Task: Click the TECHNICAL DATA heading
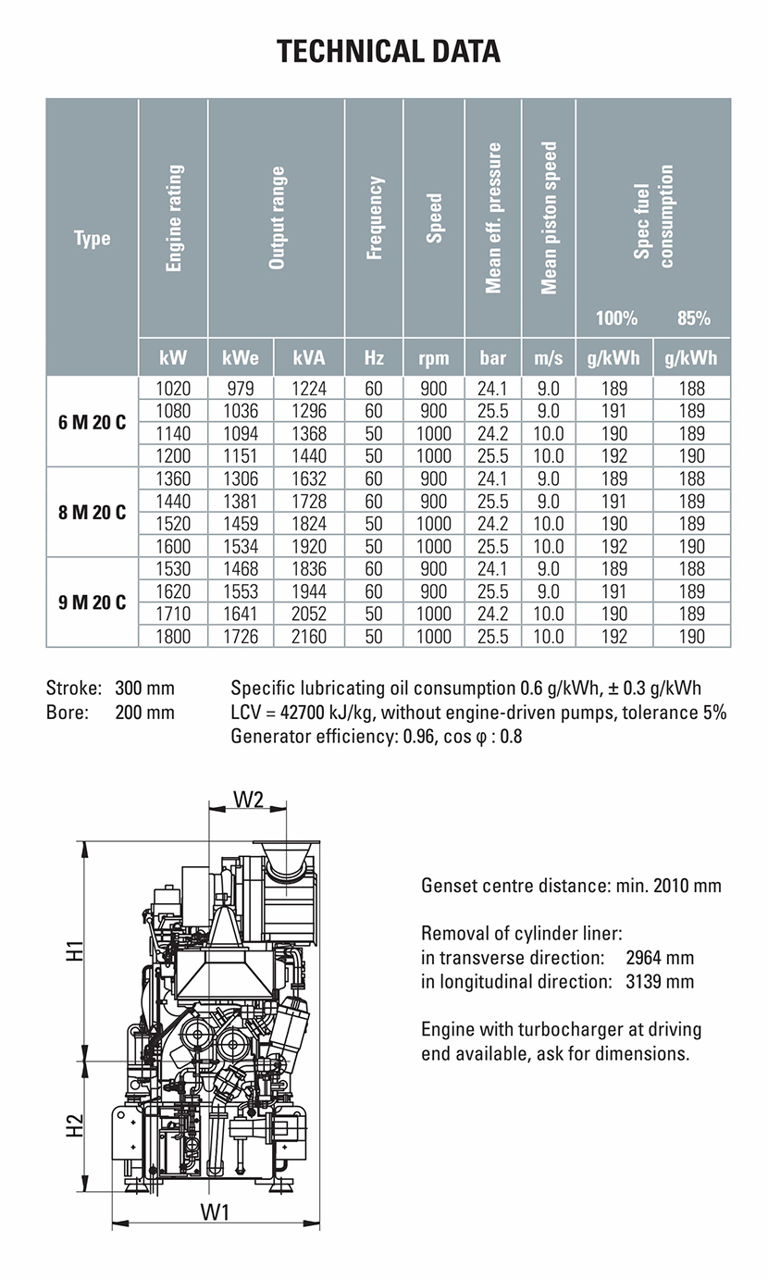coord(389,50)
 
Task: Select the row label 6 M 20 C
coord(92,422)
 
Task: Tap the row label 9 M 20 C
coord(92,602)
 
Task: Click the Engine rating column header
coord(174,218)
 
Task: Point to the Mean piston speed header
coord(549,218)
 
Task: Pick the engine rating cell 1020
coord(174,389)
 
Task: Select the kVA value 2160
coord(310,637)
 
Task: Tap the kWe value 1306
coord(241,479)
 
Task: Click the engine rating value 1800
coord(174,637)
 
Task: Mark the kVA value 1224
coord(310,389)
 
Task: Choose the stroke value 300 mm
coord(144,689)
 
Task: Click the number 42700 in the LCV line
coord(301,713)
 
